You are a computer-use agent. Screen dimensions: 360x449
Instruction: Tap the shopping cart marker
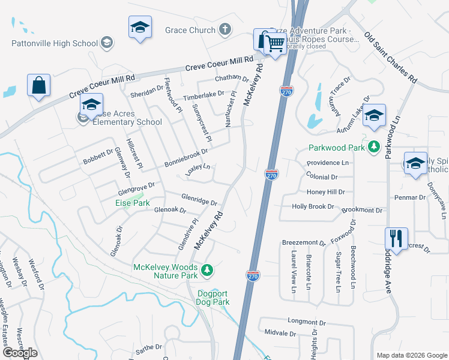(x=275, y=43)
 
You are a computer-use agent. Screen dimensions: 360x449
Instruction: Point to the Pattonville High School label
(x=55, y=43)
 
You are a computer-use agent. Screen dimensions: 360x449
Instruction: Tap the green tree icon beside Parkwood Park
(x=375, y=147)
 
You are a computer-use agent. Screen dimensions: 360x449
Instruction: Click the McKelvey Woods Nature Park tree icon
(x=207, y=271)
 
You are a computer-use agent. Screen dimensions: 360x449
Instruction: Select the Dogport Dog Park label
(x=214, y=298)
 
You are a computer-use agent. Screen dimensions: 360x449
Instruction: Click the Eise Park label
(x=132, y=203)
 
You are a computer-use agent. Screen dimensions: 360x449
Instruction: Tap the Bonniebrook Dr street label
(x=186, y=158)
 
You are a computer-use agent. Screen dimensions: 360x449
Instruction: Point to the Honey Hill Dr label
(x=326, y=192)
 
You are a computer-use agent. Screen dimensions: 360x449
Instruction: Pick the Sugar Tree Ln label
(x=339, y=272)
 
